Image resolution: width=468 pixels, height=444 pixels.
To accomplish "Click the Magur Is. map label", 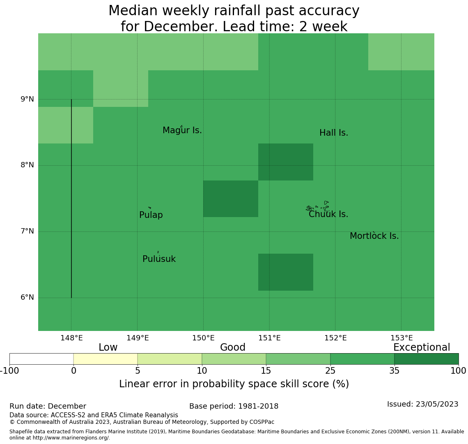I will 182,130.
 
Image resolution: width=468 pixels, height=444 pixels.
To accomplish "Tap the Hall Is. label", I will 334,133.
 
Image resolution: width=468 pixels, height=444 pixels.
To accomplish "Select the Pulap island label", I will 151,215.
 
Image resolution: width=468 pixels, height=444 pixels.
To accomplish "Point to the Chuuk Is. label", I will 328,214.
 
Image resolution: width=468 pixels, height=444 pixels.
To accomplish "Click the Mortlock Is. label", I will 374,236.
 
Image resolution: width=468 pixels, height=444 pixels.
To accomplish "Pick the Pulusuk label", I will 159,259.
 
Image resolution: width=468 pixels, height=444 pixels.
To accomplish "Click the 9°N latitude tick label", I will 27,99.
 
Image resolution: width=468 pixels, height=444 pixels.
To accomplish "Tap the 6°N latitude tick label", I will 27,297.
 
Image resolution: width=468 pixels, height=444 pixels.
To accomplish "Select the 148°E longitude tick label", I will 71,338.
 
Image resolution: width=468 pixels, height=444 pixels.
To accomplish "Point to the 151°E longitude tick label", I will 269,338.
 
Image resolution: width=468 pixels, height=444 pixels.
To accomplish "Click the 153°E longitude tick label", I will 401,338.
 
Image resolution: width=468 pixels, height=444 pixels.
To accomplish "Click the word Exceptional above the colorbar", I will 422,347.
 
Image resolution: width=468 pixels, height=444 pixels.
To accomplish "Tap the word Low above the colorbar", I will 108,347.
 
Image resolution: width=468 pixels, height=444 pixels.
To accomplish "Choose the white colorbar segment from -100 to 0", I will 41,359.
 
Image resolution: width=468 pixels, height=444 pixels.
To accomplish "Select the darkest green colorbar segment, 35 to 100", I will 427,359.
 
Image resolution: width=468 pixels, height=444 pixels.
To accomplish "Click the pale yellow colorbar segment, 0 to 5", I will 106,359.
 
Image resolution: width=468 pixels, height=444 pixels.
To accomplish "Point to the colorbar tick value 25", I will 330,371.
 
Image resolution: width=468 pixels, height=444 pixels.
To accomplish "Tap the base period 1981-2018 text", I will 234,406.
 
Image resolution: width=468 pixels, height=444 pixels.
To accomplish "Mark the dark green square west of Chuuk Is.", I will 231,199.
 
